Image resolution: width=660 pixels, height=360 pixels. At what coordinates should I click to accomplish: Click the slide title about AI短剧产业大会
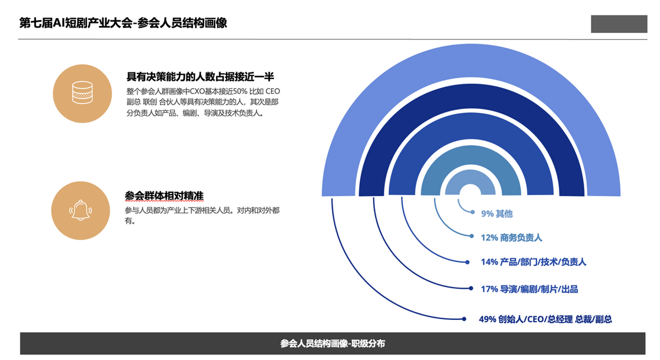pos(123,23)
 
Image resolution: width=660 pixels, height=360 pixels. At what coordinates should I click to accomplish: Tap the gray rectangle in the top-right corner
pos(619,24)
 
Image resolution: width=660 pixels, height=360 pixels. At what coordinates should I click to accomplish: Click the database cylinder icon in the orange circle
pos(82,93)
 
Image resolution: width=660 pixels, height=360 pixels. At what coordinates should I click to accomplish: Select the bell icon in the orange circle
pos(80,210)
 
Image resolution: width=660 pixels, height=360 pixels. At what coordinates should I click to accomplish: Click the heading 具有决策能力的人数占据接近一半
pos(200,77)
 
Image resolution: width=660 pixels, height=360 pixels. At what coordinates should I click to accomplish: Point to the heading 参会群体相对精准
pos(164,196)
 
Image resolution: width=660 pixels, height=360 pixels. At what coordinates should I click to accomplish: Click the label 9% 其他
pos(497,213)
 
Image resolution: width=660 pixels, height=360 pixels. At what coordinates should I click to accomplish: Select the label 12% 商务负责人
pos(511,237)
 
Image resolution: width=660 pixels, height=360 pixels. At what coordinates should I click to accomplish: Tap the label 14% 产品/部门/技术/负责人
pos(533,262)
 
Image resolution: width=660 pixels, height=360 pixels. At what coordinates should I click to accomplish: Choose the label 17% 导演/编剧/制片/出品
pos(529,289)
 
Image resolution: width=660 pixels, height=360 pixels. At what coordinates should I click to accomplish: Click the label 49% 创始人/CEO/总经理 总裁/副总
pos(546,319)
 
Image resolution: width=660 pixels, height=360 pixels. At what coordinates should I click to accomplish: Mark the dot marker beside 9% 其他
pos(472,212)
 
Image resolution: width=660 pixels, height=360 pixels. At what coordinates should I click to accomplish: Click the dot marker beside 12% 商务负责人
pos(472,236)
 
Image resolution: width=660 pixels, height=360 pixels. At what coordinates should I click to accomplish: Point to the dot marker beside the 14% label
pos(468,262)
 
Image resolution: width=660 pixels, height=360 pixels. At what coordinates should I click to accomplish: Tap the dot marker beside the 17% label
pos(471,289)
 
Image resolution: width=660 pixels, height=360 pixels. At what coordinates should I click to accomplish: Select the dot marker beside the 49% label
pos(464,319)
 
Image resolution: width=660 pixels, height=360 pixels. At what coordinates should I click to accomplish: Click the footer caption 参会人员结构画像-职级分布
pos(333,344)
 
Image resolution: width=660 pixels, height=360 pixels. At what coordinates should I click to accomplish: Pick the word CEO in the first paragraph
pos(273,91)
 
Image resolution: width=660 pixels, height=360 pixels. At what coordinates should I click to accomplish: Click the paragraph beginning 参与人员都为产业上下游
pos(202,215)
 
